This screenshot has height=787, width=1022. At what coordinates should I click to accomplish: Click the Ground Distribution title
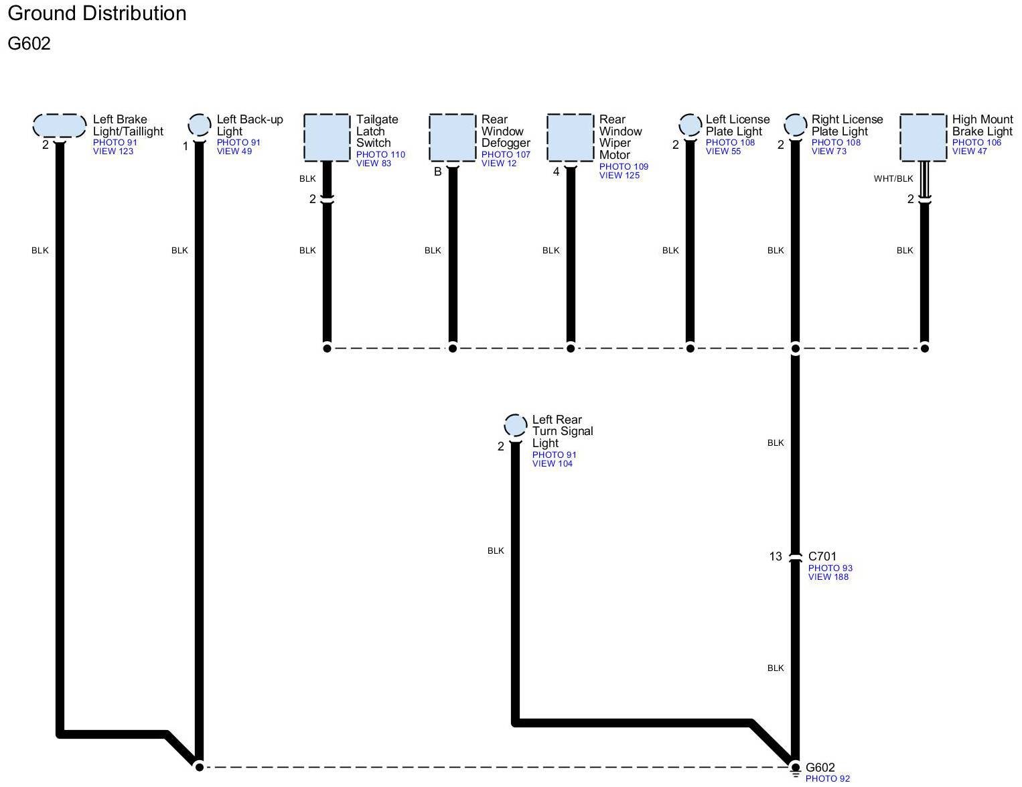(x=97, y=13)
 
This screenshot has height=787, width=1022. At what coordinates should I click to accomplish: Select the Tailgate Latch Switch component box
(x=327, y=137)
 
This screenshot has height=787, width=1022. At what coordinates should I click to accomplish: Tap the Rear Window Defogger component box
(x=452, y=137)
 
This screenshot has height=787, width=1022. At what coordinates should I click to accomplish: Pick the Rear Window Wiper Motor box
(x=571, y=137)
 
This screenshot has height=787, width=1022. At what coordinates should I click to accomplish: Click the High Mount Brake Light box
(x=923, y=137)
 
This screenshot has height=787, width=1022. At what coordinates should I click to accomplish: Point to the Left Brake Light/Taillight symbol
(x=60, y=125)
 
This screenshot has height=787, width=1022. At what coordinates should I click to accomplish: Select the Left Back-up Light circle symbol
(x=200, y=125)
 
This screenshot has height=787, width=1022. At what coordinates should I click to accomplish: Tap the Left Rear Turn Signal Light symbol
(x=515, y=425)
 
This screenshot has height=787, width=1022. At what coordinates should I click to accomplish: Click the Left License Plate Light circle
(x=690, y=125)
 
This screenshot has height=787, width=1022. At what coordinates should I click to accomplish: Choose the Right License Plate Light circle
(x=795, y=125)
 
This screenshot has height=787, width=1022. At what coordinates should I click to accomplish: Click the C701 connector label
(x=822, y=556)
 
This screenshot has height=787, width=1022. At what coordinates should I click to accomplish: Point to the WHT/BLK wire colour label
(x=893, y=179)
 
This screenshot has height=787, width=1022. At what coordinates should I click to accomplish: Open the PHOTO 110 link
(x=380, y=155)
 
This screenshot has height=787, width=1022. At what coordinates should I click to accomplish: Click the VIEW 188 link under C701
(x=828, y=577)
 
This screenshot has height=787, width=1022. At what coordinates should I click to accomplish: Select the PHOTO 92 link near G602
(x=827, y=779)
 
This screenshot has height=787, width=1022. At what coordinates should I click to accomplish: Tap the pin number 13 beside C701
(x=775, y=556)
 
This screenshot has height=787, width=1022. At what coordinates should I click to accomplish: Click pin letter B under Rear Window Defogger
(x=437, y=172)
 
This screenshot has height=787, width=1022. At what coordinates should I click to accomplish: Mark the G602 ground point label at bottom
(x=820, y=768)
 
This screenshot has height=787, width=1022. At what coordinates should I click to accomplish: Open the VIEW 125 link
(x=619, y=176)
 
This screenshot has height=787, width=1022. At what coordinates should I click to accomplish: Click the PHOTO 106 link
(x=976, y=143)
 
